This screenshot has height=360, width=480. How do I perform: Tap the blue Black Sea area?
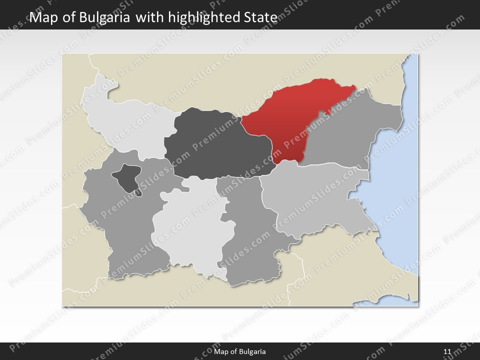tap(400, 200)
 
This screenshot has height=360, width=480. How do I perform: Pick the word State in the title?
tap(260, 17)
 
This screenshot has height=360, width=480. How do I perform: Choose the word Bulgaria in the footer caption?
tap(252, 352)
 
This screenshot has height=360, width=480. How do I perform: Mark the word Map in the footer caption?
tap(221, 352)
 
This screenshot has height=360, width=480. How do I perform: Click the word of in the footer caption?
tap(233, 352)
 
